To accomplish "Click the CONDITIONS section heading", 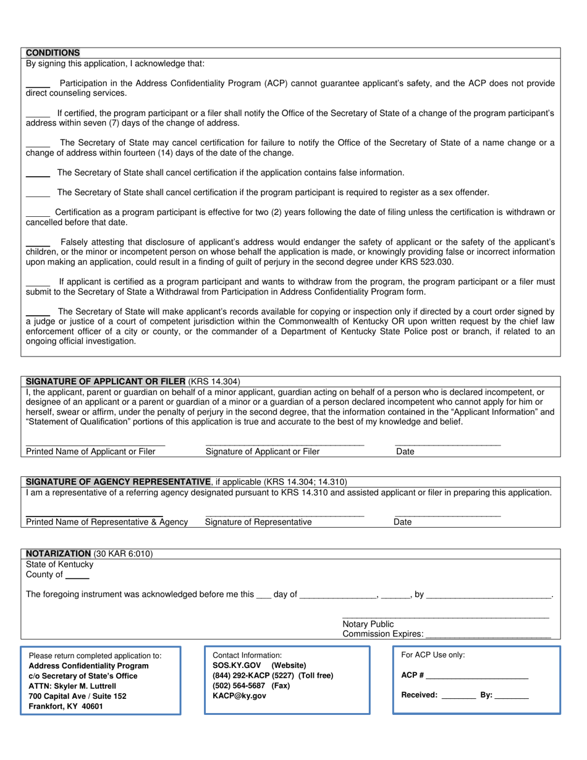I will [53, 53].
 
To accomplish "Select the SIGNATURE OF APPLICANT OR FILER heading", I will [106, 381].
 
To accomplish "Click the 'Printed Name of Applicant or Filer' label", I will [91, 452].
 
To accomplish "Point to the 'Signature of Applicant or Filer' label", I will [263, 452].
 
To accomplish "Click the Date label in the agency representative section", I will [402, 522].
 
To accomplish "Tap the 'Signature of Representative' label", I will [258, 522].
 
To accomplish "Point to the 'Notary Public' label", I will [368, 624].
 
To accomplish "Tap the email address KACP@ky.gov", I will [239, 696].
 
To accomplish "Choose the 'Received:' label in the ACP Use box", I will [419, 695].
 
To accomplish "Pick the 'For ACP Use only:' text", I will [433, 656].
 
